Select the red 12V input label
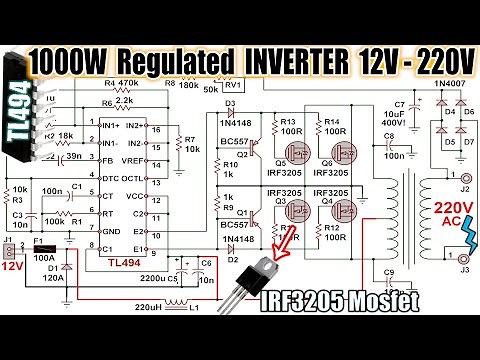point(14,267)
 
